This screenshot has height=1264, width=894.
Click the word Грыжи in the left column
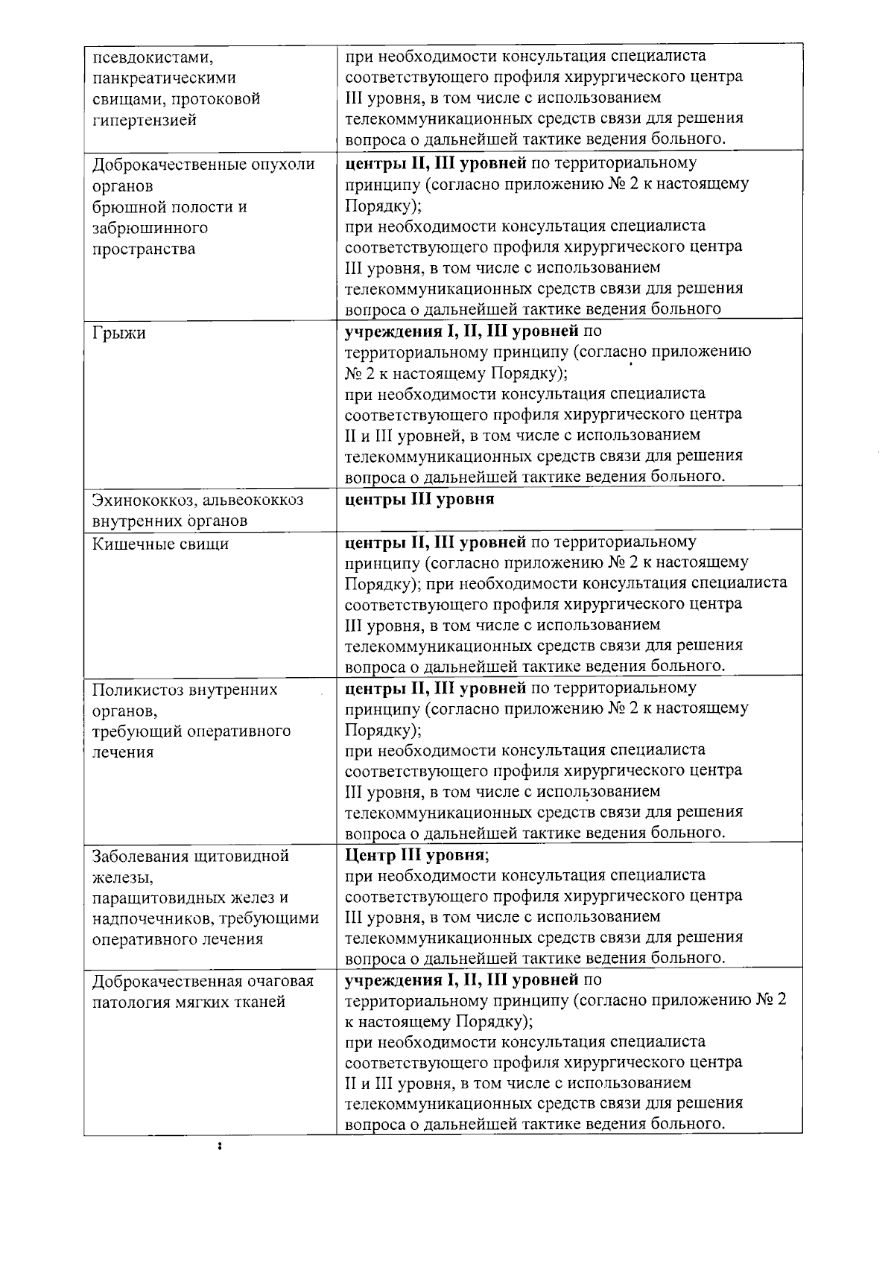click(119, 334)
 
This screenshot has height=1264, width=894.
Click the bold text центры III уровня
click(419, 499)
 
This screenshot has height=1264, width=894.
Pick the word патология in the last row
click(127, 1002)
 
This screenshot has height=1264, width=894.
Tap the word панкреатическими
click(164, 78)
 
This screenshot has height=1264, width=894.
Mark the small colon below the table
click(218, 1166)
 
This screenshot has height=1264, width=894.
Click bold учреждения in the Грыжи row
click(390, 329)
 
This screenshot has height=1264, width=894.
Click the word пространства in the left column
click(144, 249)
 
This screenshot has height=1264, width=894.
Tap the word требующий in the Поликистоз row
click(133, 731)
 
